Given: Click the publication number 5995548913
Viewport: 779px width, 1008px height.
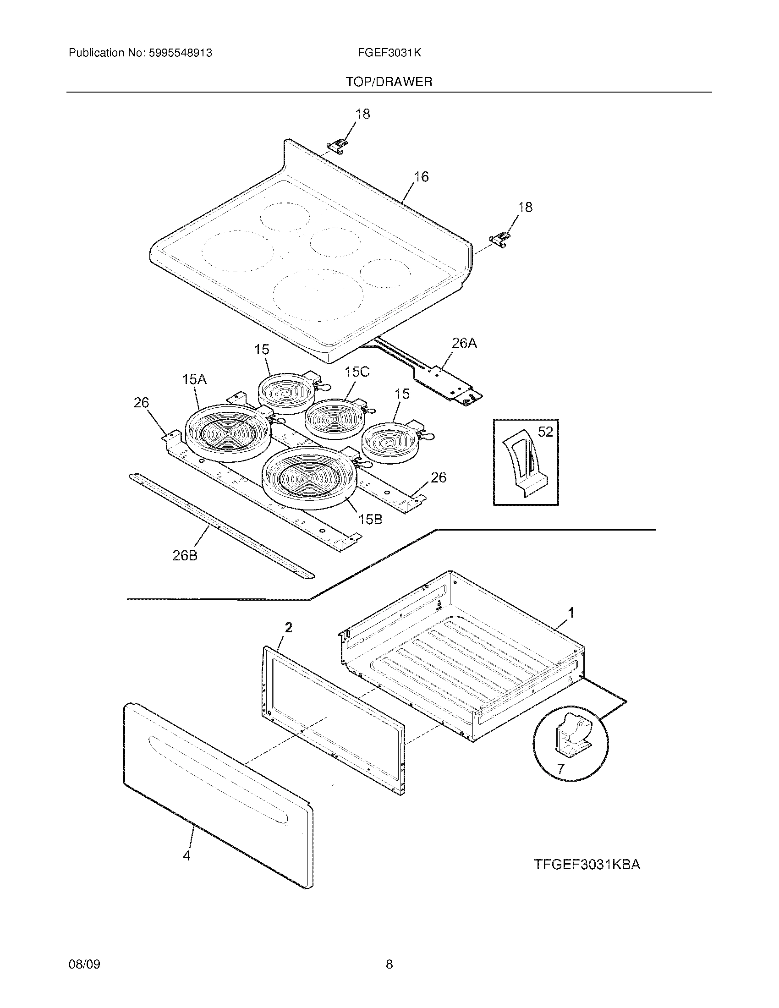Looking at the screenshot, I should coord(180,53).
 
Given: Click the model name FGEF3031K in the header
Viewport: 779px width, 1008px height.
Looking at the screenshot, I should coord(389,53).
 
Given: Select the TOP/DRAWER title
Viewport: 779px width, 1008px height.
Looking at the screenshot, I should coord(389,82).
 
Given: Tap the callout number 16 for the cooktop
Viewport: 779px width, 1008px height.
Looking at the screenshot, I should coord(421,177).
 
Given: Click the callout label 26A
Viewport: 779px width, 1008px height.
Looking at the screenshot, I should coord(464,343).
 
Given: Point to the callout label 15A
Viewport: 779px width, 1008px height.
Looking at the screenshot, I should coord(194,380).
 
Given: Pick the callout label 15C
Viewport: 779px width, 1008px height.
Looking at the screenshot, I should coord(357,372).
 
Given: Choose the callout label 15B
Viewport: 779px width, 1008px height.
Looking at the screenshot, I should coord(371,520).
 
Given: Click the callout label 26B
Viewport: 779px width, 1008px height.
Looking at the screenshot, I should coord(185,556).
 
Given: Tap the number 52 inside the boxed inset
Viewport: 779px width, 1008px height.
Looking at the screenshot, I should coord(545,432).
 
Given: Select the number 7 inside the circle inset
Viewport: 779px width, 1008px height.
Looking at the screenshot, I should coord(560,769).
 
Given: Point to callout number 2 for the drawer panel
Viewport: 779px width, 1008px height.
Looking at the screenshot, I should coord(288,627).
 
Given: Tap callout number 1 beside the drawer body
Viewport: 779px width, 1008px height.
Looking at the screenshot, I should coord(571,613).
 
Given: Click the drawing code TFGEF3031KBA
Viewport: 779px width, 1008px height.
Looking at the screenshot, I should coord(587,865).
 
